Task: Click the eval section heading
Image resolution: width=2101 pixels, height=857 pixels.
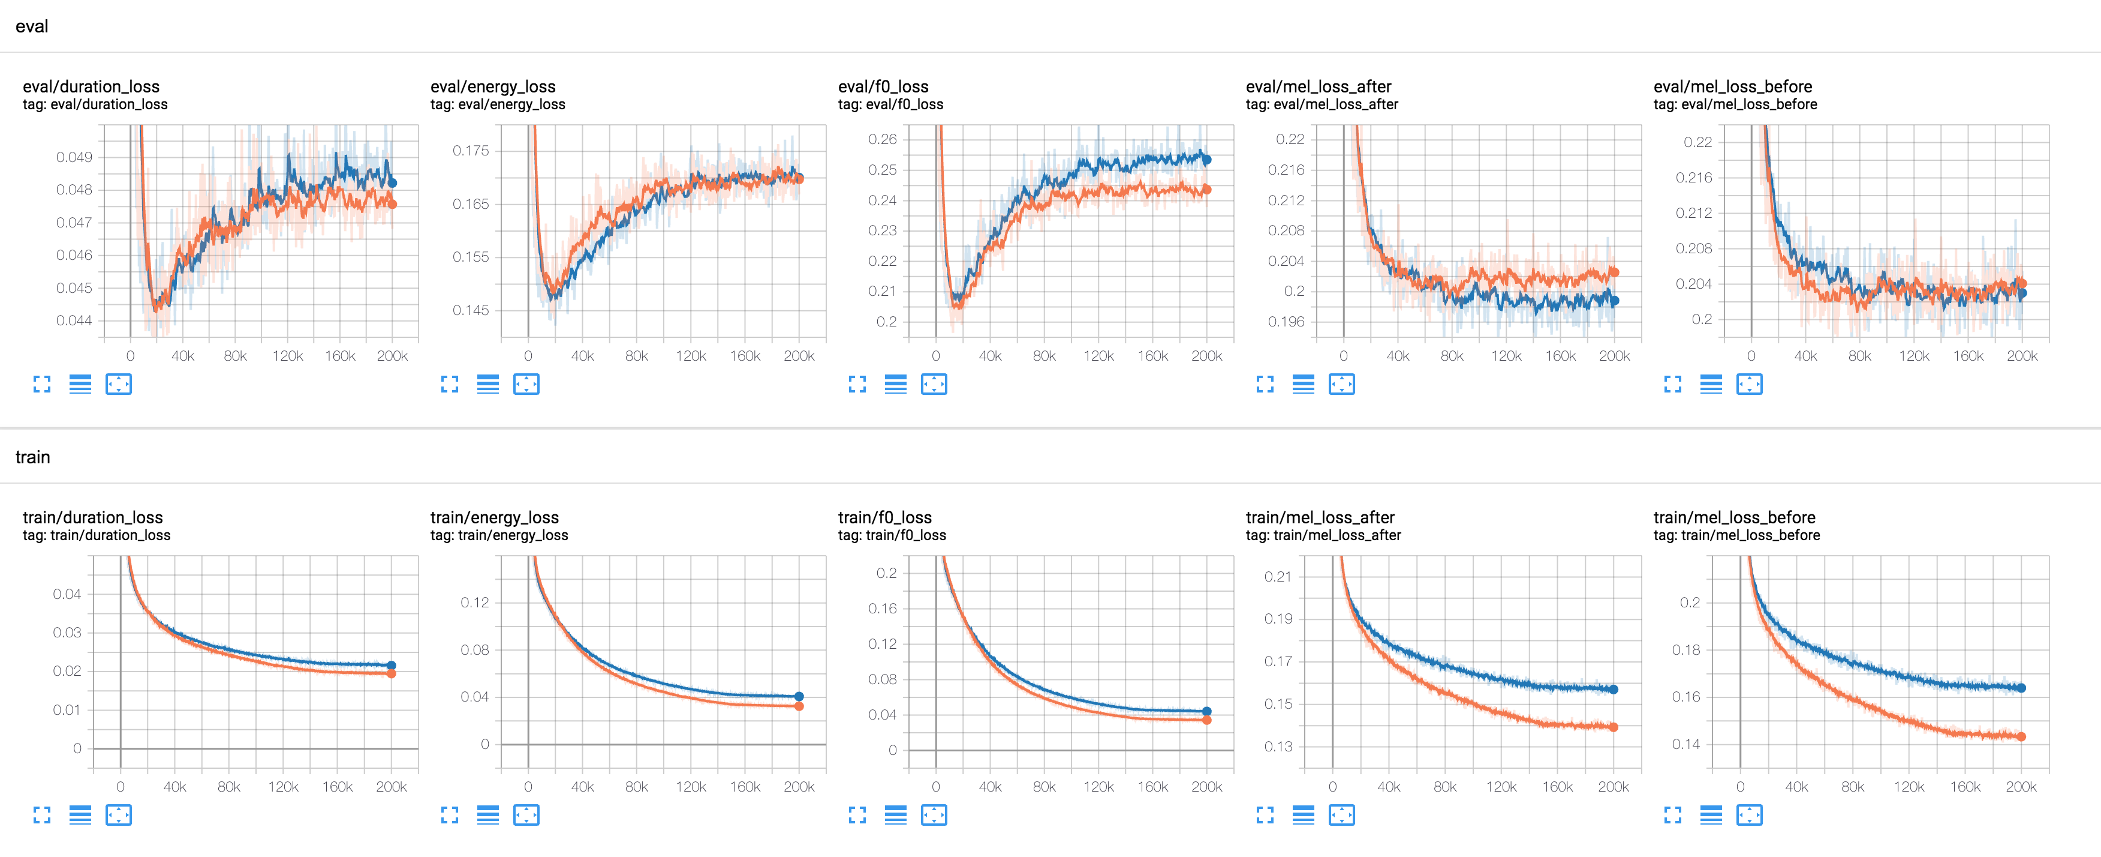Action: pyautogui.click(x=32, y=26)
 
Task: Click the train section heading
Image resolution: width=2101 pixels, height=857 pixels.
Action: pyautogui.click(x=32, y=457)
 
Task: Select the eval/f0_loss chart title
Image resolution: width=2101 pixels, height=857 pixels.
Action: pyautogui.click(x=883, y=86)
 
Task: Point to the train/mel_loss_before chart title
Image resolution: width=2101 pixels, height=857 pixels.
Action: pyautogui.click(x=1734, y=517)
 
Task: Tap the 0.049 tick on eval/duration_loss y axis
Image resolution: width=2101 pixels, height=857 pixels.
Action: pyautogui.click(x=74, y=157)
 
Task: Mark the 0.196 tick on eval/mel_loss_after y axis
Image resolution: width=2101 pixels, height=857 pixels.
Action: pyautogui.click(x=1286, y=322)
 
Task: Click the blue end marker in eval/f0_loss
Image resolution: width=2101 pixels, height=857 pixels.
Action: pyautogui.click(x=1206, y=160)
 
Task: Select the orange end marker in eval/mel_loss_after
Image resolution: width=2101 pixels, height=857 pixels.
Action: pyautogui.click(x=1614, y=272)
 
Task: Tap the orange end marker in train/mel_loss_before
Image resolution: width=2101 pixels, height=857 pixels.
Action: pyautogui.click(x=2021, y=737)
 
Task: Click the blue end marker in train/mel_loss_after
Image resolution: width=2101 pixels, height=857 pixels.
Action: pyautogui.click(x=1614, y=690)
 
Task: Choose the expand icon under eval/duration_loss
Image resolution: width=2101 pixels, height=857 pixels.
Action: pyautogui.click(x=41, y=385)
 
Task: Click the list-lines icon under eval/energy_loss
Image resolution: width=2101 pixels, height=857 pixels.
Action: pyautogui.click(x=487, y=385)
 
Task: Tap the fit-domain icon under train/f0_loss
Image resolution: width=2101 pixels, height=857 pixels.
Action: pyautogui.click(x=934, y=816)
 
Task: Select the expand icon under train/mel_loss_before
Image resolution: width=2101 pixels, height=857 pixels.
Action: pyautogui.click(x=1673, y=816)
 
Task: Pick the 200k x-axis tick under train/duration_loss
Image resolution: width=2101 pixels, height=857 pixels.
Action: pyautogui.click(x=392, y=787)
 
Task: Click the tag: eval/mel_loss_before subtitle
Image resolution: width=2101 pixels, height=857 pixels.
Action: pyautogui.click(x=1735, y=104)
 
